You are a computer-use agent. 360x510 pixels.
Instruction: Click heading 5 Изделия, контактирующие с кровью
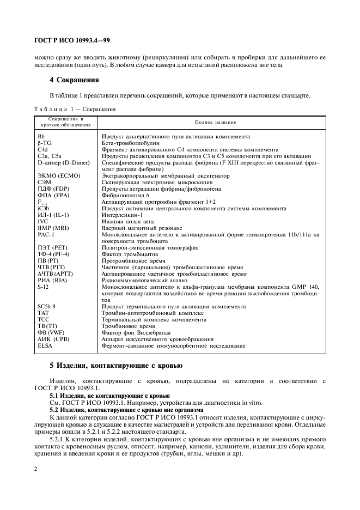pyautogui.click(x=116, y=365)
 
